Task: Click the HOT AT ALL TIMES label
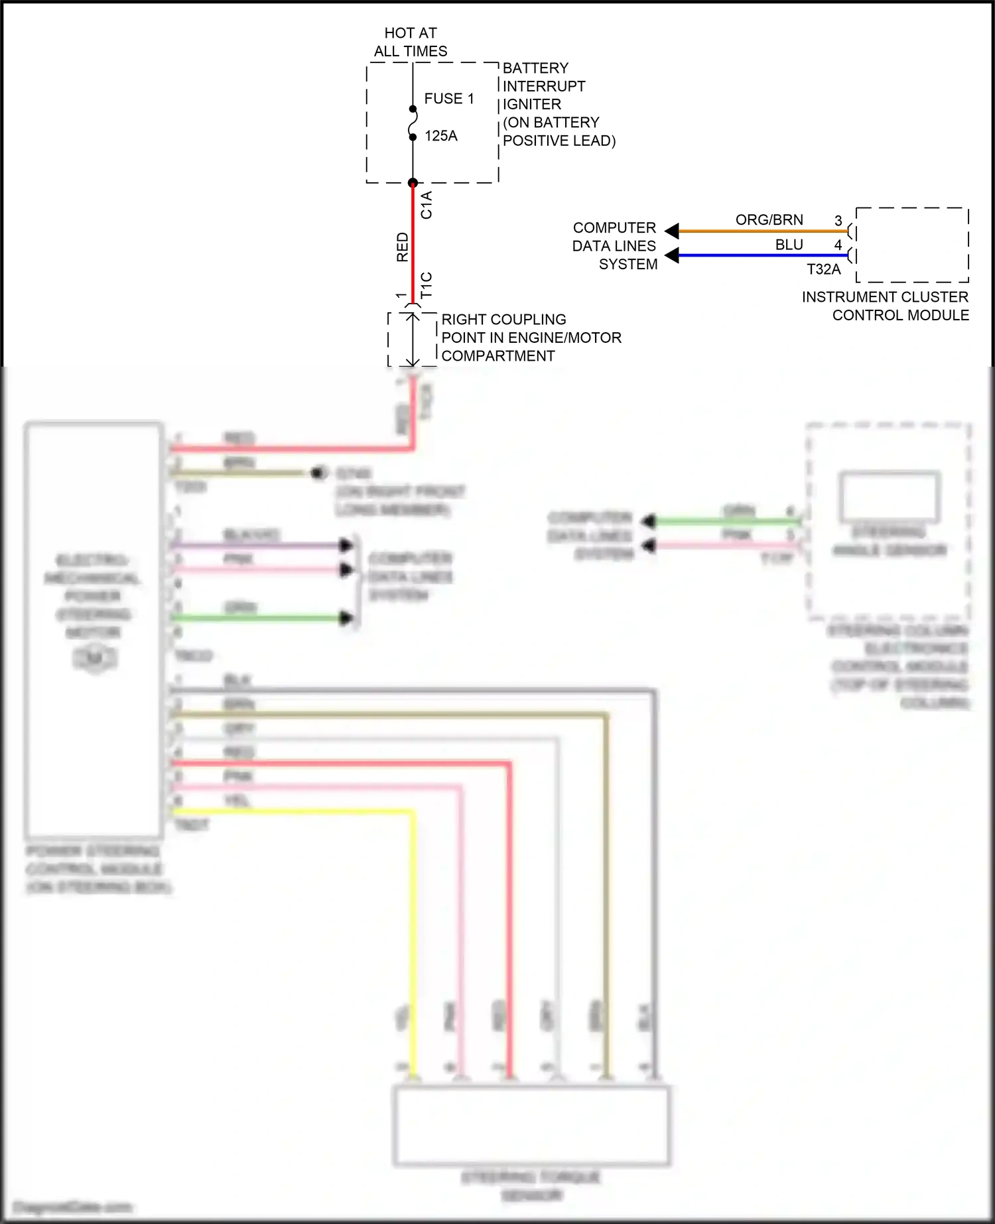pos(411,42)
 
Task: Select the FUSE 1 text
pos(449,99)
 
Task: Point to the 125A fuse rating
pos(441,136)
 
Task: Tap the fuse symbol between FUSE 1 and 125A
pos(413,123)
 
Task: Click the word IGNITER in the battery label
pos(532,104)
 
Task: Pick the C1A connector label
pos(427,205)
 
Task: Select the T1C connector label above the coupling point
pos(427,284)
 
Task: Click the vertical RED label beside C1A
pos(403,247)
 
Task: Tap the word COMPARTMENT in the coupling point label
pos(498,356)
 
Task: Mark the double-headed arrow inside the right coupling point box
pos(413,339)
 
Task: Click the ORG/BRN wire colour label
pos(769,219)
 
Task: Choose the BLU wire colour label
pos(789,245)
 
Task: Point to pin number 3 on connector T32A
pos(838,220)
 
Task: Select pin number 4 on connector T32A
pos(838,245)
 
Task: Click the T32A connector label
pos(824,269)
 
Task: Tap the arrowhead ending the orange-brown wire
pos(672,231)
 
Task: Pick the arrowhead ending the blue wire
pos(672,255)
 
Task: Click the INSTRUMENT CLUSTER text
pos(885,297)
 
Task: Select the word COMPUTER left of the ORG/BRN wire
pos(614,227)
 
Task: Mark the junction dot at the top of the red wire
pos(413,183)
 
